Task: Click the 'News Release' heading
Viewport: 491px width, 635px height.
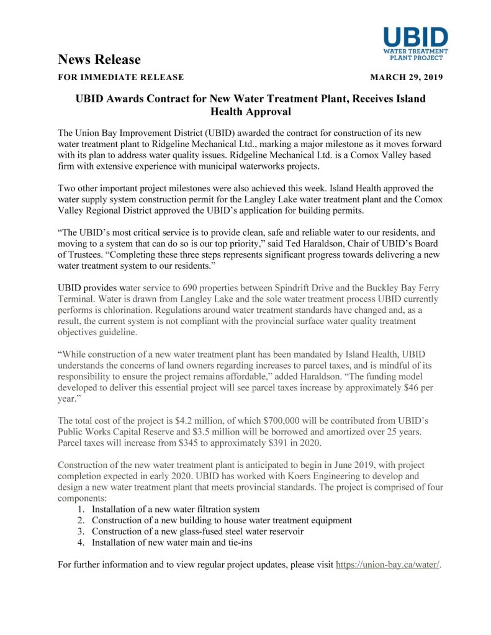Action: point(99,60)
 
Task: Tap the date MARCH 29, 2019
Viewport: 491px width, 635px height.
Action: point(406,78)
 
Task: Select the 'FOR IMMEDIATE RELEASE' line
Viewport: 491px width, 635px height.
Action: point(120,78)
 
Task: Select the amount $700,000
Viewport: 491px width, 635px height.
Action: point(286,420)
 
